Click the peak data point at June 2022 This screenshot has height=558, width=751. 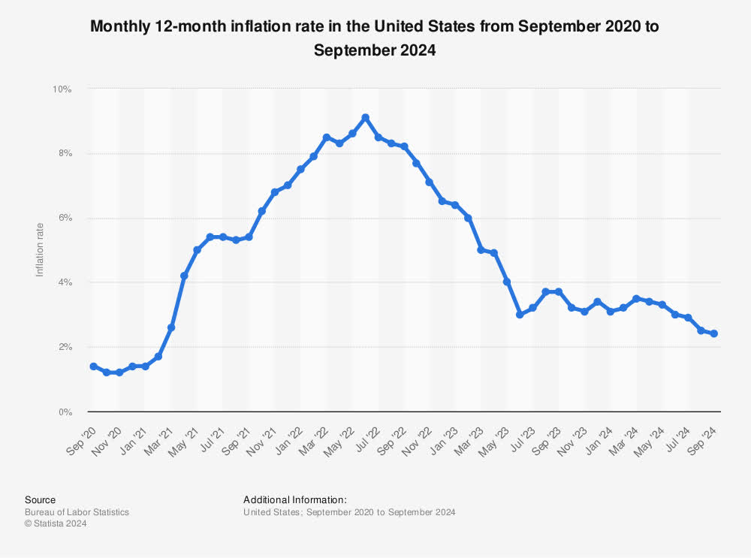(x=366, y=117)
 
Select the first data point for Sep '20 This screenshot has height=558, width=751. (x=93, y=366)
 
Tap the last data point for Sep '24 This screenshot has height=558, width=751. (x=713, y=333)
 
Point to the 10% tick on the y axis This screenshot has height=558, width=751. (x=62, y=89)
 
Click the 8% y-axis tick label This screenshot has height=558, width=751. (x=63, y=153)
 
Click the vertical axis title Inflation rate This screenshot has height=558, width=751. (x=40, y=250)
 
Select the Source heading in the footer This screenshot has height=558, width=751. (x=40, y=499)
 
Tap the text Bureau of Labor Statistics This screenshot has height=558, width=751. (x=77, y=512)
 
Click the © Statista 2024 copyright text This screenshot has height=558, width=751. (x=56, y=524)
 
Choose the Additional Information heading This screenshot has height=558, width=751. (x=294, y=499)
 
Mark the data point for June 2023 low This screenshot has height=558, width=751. (x=520, y=315)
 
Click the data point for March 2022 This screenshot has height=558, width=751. (x=327, y=137)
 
